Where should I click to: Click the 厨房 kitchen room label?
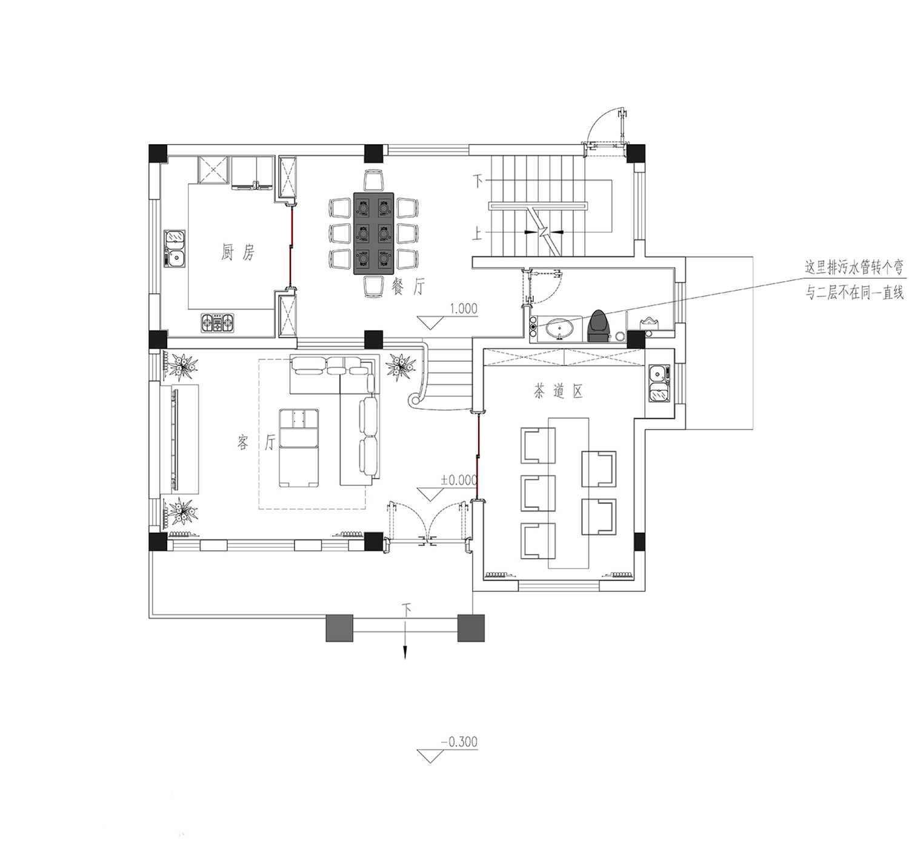238,252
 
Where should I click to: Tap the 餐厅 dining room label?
408,287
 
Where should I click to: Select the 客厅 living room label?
256,442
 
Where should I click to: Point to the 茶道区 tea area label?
558,391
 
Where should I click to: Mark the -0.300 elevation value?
459,741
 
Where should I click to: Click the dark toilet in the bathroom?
598,325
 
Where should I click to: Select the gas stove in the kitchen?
217,322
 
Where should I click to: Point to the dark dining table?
374,233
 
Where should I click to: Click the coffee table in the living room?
299,448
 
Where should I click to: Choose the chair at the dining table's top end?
374,180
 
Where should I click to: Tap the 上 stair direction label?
478,235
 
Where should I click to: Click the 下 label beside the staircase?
478,181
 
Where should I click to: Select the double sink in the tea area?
659,382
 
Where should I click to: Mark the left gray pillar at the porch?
339,628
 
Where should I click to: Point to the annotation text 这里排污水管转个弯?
854,268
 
